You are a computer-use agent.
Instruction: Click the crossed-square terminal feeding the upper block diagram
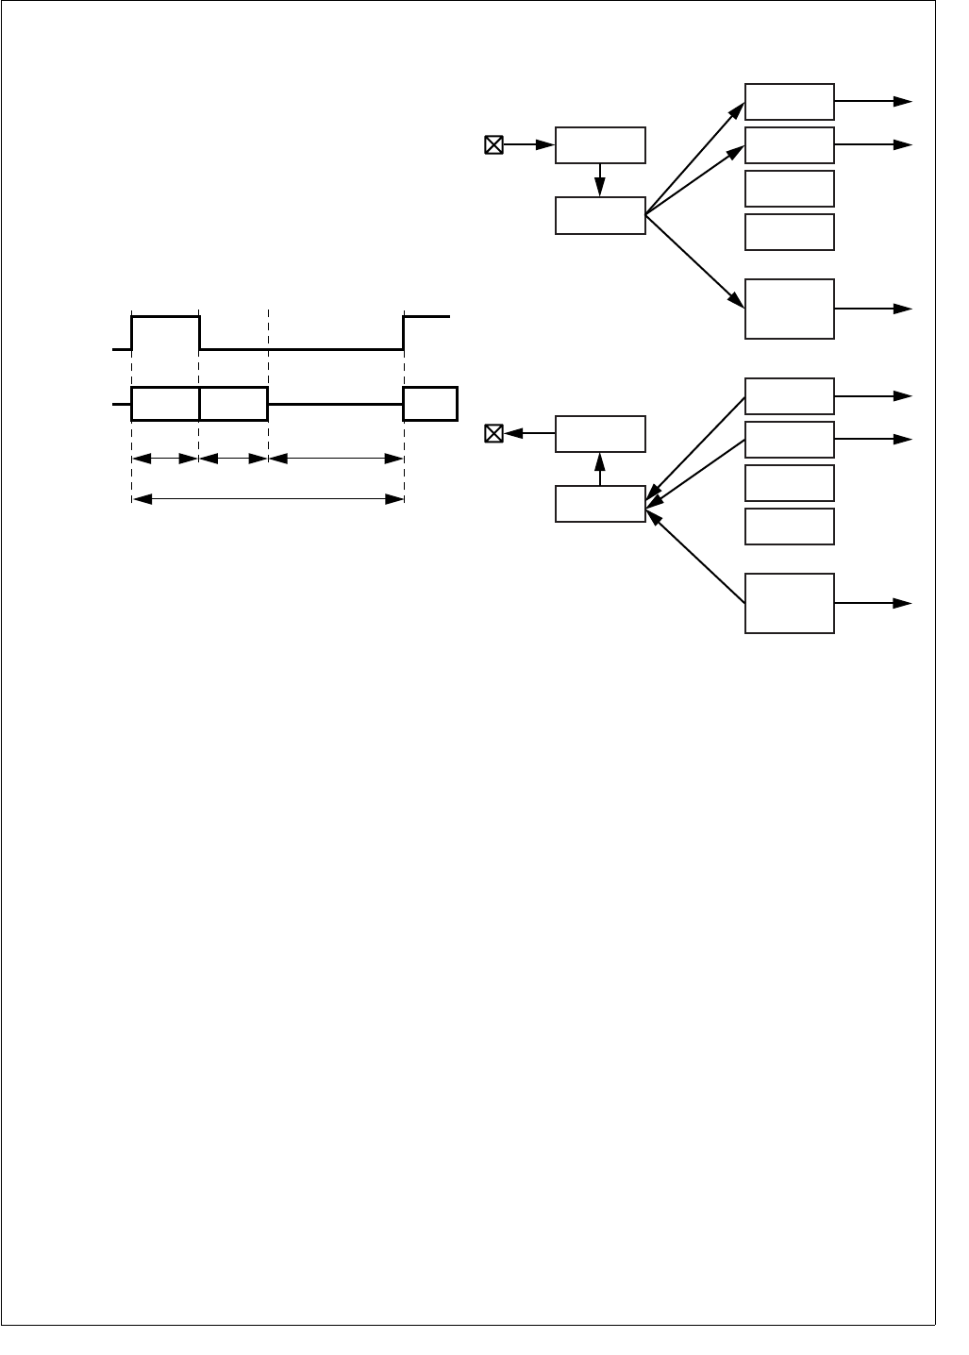(493, 144)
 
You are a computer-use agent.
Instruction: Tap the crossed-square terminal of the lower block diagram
(493, 434)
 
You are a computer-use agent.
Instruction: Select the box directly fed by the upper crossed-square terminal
(600, 144)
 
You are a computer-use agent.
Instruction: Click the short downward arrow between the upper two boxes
(600, 180)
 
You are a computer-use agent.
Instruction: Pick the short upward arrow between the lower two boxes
(600, 469)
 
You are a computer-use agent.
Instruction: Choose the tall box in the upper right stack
(789, 309)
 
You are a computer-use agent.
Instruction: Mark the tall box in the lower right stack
(789, 603)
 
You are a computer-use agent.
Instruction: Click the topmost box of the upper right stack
(789, 101)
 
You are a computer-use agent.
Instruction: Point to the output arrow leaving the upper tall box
(874, 309)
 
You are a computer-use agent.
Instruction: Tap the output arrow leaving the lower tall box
(874, 603)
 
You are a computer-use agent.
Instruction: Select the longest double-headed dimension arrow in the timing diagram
(268, 499)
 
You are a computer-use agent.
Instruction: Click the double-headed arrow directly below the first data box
(165, 459)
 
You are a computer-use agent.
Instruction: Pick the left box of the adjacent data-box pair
(165, 403)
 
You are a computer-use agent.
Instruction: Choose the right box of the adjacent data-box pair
(234, 403)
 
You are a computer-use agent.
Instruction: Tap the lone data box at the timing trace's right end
(429, 403)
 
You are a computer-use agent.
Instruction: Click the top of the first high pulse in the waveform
(165, 317)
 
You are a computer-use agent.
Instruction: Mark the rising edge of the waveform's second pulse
(404, 332)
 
